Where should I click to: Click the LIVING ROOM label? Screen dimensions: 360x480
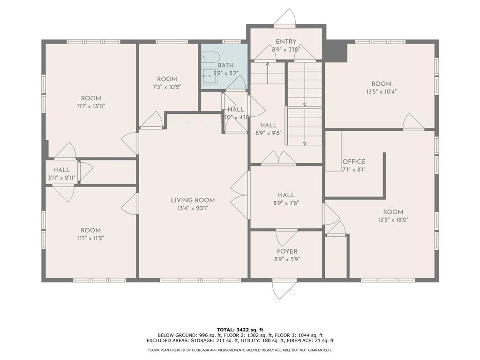[193, 200]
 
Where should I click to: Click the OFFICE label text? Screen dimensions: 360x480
[353, 162]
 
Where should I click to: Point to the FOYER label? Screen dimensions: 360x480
[286, 252]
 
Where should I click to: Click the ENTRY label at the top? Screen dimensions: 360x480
[286, 42]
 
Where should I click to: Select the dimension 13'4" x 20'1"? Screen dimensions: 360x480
[193, 208]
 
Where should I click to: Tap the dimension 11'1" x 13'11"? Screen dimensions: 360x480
[91, 106]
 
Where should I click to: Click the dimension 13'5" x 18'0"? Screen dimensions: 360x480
[393, 219]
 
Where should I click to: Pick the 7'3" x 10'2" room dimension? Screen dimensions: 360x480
[167, 87]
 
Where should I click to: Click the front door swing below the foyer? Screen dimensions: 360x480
[285, 289]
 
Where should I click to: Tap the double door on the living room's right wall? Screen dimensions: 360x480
[240, 195]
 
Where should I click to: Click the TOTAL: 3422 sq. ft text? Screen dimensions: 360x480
[240, 330]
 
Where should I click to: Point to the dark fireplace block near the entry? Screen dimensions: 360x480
[336, 51]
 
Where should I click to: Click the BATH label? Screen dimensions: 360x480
[225, 66]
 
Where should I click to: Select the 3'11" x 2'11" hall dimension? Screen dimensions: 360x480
[61, 178]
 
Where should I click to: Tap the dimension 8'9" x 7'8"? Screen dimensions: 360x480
[286, 203]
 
